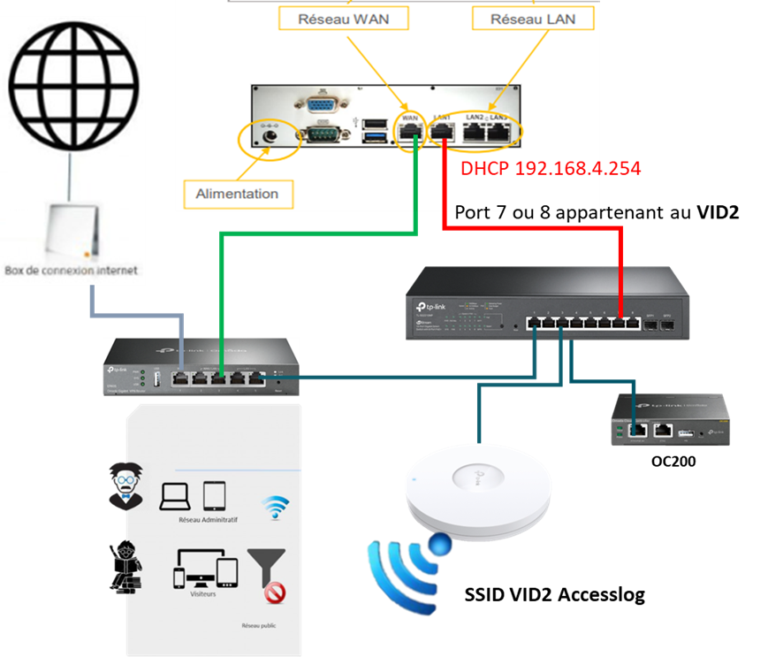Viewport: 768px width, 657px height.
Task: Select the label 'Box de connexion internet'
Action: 72,270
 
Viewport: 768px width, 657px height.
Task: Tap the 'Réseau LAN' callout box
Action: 532,18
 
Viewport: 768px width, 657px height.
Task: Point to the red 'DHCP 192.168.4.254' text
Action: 550,167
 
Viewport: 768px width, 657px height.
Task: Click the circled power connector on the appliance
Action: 269,139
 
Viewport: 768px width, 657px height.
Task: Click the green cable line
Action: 318,234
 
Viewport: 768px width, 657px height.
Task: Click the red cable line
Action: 530,229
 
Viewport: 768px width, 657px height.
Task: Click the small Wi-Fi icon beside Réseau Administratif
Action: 276,508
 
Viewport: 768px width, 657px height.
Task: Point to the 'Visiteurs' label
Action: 203,593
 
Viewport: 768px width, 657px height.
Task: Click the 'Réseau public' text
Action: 259,625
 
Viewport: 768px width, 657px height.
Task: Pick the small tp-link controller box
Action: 670,420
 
